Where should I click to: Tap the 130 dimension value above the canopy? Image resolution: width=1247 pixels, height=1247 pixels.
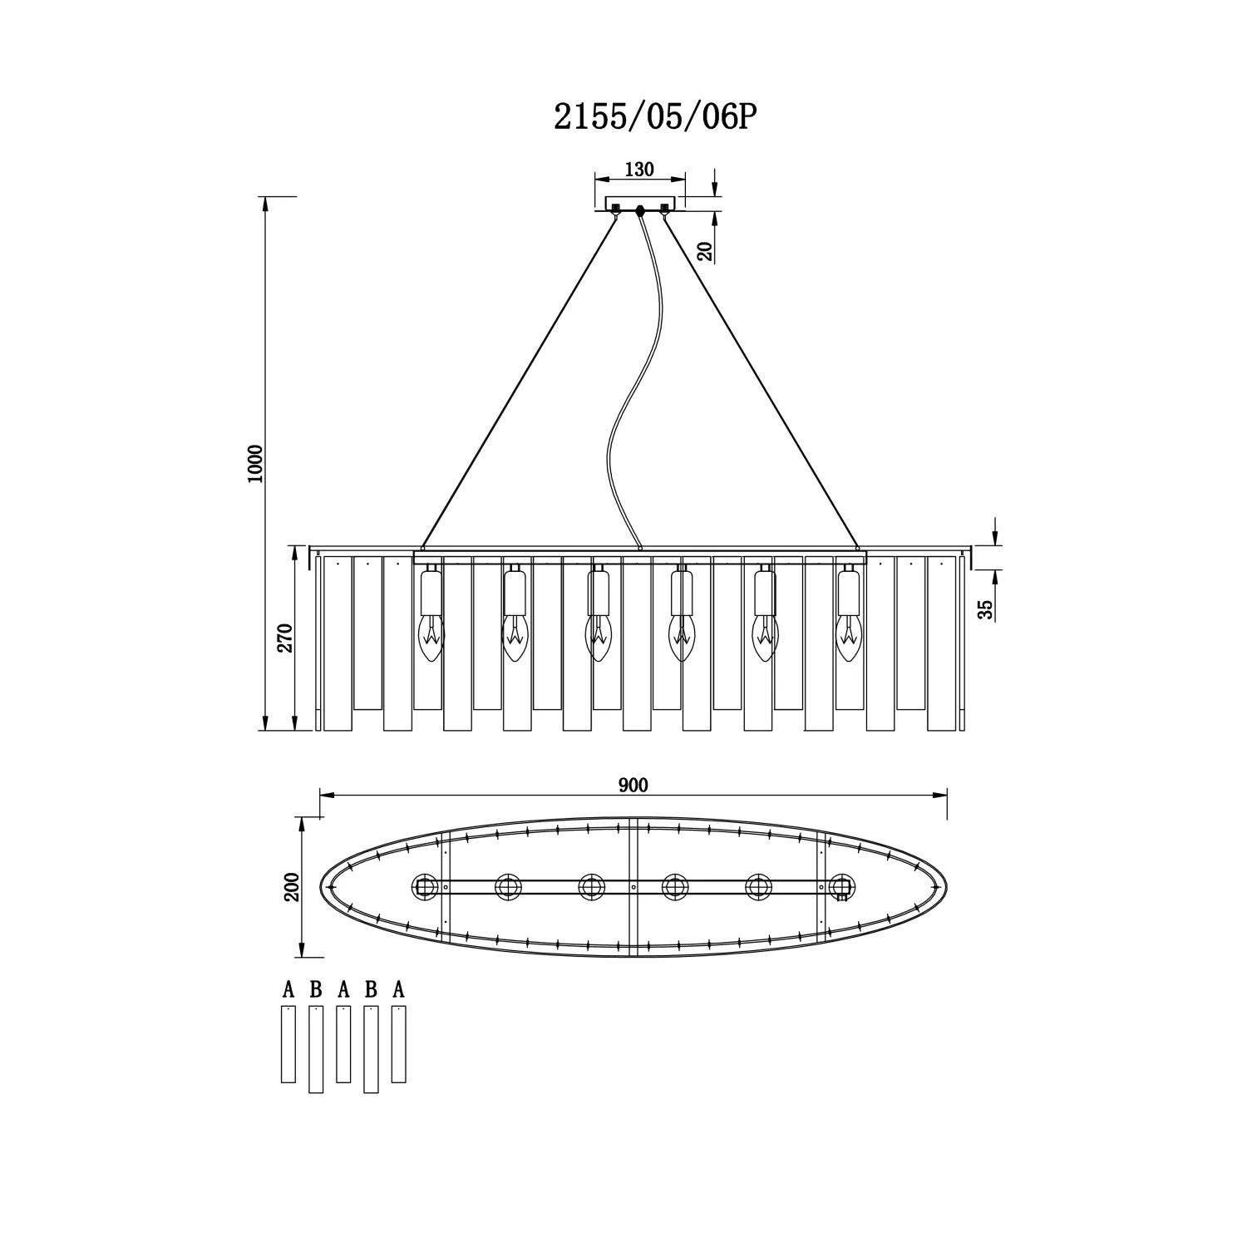[638, 170]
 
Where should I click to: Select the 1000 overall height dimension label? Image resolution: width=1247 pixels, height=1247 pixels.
[255, 463]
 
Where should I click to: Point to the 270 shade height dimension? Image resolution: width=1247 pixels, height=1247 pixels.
[285, 638]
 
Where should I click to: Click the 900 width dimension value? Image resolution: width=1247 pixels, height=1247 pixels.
[633, 785]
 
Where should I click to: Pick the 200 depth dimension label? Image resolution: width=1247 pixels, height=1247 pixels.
[290, 887]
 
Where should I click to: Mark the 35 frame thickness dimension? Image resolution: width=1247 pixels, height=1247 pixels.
[985, 610]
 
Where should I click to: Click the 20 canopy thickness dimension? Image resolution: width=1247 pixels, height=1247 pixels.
[706, 252]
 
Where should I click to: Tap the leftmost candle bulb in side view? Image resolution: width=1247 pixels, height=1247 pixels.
[431, 638]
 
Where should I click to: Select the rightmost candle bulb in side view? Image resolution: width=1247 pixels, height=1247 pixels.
[848, 638]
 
